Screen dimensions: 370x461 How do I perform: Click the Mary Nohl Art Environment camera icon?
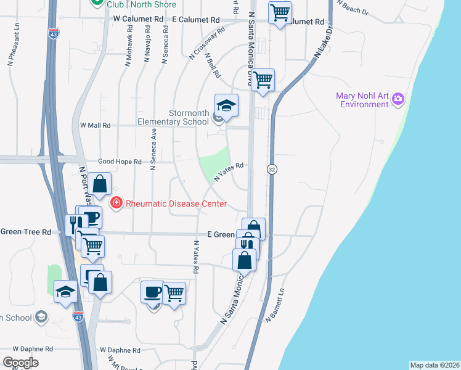pyautogui.click(x=398, y=98)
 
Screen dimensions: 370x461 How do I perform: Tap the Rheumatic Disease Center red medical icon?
pyautogui.click(x=115, y=203)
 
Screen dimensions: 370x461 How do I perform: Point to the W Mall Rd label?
pyautogui.click(x=95, y=125)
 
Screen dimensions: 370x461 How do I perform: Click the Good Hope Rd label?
pyautogui.click(x=120, y=162)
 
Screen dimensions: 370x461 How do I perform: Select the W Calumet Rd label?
pyautogui.click(x=138, y=20)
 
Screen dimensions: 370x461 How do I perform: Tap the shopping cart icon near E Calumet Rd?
pyautogui.click(x=280, y=12)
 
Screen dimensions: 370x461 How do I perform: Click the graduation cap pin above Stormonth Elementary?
pyautogui.click(x=226, y=105)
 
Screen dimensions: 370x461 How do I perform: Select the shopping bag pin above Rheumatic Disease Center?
pyautogui.click(x=99, y=183)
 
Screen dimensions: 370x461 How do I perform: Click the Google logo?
pyautogui.click(x=20, y=363)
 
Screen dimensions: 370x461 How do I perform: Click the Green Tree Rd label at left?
pyautogui.click(x=25, y=232)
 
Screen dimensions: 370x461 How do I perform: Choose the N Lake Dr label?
pyautogui.click(x=323, y=43)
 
